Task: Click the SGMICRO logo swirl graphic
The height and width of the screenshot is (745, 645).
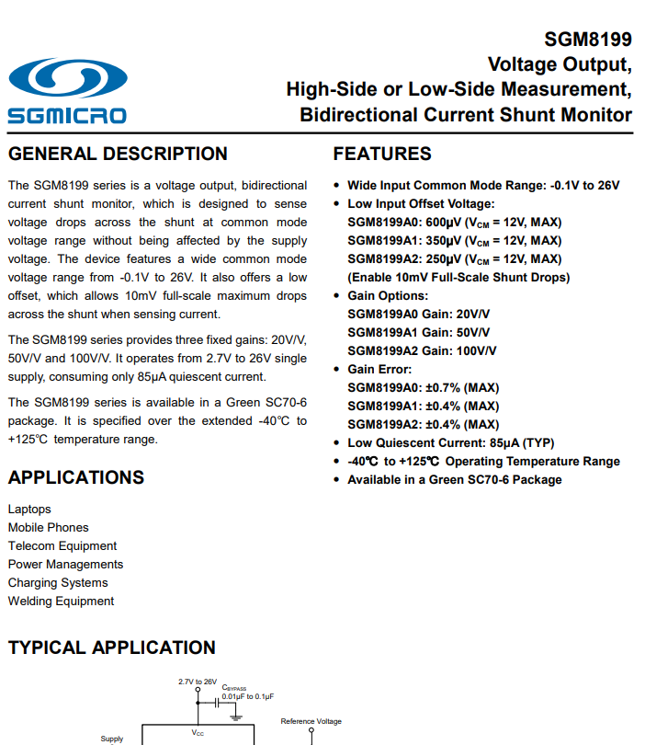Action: [66, 82]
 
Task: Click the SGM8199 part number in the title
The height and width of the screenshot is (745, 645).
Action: [587, 40]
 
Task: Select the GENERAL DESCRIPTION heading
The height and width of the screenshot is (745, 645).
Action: [118, 154]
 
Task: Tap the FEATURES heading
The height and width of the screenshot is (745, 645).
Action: [381, 154]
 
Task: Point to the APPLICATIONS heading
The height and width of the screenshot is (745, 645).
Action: [76, 477]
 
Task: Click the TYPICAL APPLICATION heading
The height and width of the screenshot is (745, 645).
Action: [111, 648]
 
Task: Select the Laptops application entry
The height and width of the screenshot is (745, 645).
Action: [29, 509]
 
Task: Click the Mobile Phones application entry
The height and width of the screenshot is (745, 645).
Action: [49, 527]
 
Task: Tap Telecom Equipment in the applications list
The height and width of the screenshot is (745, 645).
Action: [62, 545]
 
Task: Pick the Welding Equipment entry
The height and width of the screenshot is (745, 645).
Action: [61, 601]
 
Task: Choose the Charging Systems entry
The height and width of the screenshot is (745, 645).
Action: [58, 582]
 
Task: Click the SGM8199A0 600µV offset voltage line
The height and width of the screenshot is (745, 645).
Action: [454, 222]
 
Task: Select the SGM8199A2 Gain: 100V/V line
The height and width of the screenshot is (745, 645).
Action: [422, 350]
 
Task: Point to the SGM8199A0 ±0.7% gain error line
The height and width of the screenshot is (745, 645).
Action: [423, 387]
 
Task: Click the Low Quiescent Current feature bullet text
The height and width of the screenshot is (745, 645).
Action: [450, 442]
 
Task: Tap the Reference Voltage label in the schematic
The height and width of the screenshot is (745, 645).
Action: [311, 721]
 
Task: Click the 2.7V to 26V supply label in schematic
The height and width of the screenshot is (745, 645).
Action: [198, 682]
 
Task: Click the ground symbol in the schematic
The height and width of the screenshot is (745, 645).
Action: [236, 712]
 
